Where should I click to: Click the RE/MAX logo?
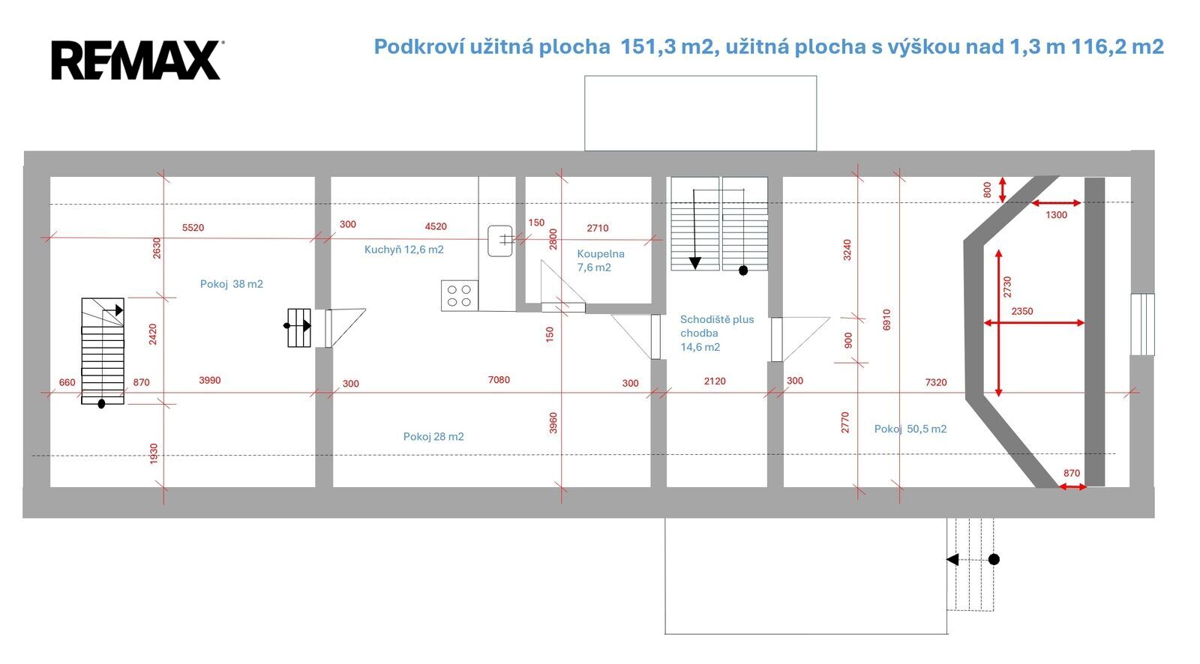[138, 60]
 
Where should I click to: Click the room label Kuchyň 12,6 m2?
[404, 250]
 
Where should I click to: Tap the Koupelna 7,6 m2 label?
[601, 260]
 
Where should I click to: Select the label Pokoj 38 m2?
[232, 284]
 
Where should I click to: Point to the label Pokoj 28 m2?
[433, 436]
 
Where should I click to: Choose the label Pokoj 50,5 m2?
[910, 429]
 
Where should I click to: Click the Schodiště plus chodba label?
[717, 326]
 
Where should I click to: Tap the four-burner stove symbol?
[460, 295]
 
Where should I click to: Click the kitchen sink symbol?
[499, 241]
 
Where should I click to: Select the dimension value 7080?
[499, 380]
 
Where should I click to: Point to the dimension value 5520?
[193, 228]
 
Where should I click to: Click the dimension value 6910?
[886, 320]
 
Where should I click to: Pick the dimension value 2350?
[1022, 311]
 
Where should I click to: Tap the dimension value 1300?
[1057, 215]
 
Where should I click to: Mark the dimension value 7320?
[936, 382]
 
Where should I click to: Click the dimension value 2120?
[715, 381]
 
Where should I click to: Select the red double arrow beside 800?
[1002, 190]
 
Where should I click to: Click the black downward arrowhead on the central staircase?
[694, 263]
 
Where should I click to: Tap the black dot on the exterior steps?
[994, 559]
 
